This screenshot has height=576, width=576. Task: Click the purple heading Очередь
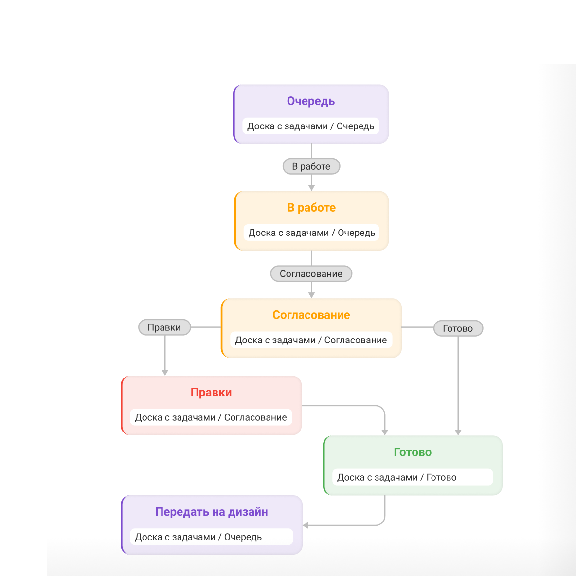(x=311, y=101)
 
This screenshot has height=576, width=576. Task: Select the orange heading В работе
(x=311, y=208)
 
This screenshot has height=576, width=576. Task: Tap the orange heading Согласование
(x=311, y=315)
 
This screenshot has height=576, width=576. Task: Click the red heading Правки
(x=211, y=392)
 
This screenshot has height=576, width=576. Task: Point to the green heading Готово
(x=413, y=452)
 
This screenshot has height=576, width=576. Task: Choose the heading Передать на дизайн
(x=212, y=512)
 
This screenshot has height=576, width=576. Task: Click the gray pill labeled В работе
(x=311, y=166)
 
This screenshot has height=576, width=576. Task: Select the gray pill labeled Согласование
(x=311, y=274)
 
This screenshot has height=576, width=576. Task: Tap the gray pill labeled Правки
(x=164, y=327)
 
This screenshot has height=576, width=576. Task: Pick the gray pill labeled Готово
(x=458, y=328)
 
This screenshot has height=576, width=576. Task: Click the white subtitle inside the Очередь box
(x=311, y=126)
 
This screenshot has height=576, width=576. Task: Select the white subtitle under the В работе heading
(x=311, y=233)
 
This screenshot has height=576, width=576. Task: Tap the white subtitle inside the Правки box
(x=211, y=417)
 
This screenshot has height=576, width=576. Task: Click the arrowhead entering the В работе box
(x=311, y=188)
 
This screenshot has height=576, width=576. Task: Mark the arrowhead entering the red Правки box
(x=165, y=373)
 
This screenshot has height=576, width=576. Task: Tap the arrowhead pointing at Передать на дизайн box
(x=306, y=525)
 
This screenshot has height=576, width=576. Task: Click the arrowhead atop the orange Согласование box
(x=311, y=295)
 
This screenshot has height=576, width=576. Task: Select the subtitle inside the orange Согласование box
(x=311, y=340)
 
